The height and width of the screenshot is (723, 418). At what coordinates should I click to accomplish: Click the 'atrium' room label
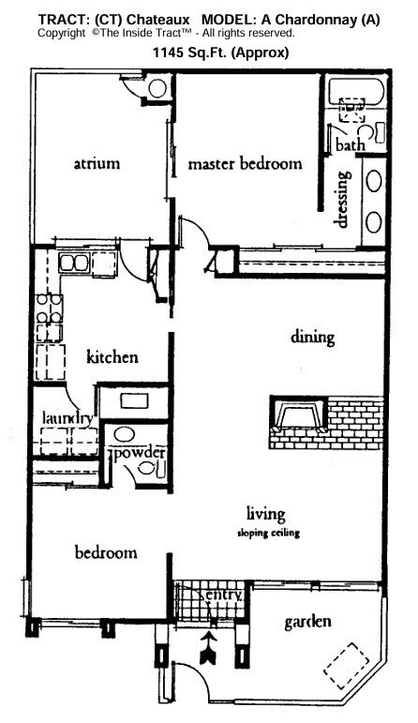97,163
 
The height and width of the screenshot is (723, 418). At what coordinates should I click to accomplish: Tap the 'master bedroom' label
245,164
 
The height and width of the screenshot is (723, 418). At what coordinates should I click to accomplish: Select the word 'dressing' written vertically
343,198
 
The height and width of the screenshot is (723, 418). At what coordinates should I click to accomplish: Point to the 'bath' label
351,145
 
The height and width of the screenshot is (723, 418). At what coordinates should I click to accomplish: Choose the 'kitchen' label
112,357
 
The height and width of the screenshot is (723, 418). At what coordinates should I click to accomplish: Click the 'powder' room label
140,454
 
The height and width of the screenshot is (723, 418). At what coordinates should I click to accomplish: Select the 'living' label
265,513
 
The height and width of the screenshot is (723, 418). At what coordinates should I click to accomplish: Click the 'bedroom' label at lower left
106,552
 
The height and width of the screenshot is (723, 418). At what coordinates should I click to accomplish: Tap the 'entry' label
224,595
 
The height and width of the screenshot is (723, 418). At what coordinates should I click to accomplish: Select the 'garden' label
308,621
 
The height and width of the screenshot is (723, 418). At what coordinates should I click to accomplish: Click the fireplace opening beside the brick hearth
295,413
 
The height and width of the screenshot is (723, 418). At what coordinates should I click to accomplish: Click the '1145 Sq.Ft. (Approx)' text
221,53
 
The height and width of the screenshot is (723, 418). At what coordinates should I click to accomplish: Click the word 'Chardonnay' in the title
311,20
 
